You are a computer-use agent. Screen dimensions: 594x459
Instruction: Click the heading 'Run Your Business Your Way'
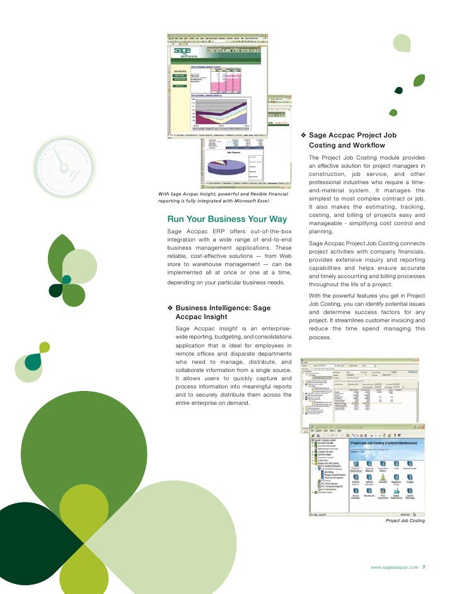pos(227,219)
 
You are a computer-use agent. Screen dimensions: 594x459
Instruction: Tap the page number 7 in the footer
pos(424,568)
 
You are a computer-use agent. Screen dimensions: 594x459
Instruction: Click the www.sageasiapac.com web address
pos(395,568)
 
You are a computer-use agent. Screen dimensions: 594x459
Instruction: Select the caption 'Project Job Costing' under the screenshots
pos(405,521)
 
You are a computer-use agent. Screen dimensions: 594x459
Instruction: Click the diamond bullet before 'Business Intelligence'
pos(170,308)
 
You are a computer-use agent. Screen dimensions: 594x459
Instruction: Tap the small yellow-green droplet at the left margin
pos(44,347)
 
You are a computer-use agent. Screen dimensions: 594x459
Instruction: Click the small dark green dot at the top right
pos(398,90)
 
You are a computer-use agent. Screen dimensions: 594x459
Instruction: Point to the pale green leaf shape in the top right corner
pos(402,43)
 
